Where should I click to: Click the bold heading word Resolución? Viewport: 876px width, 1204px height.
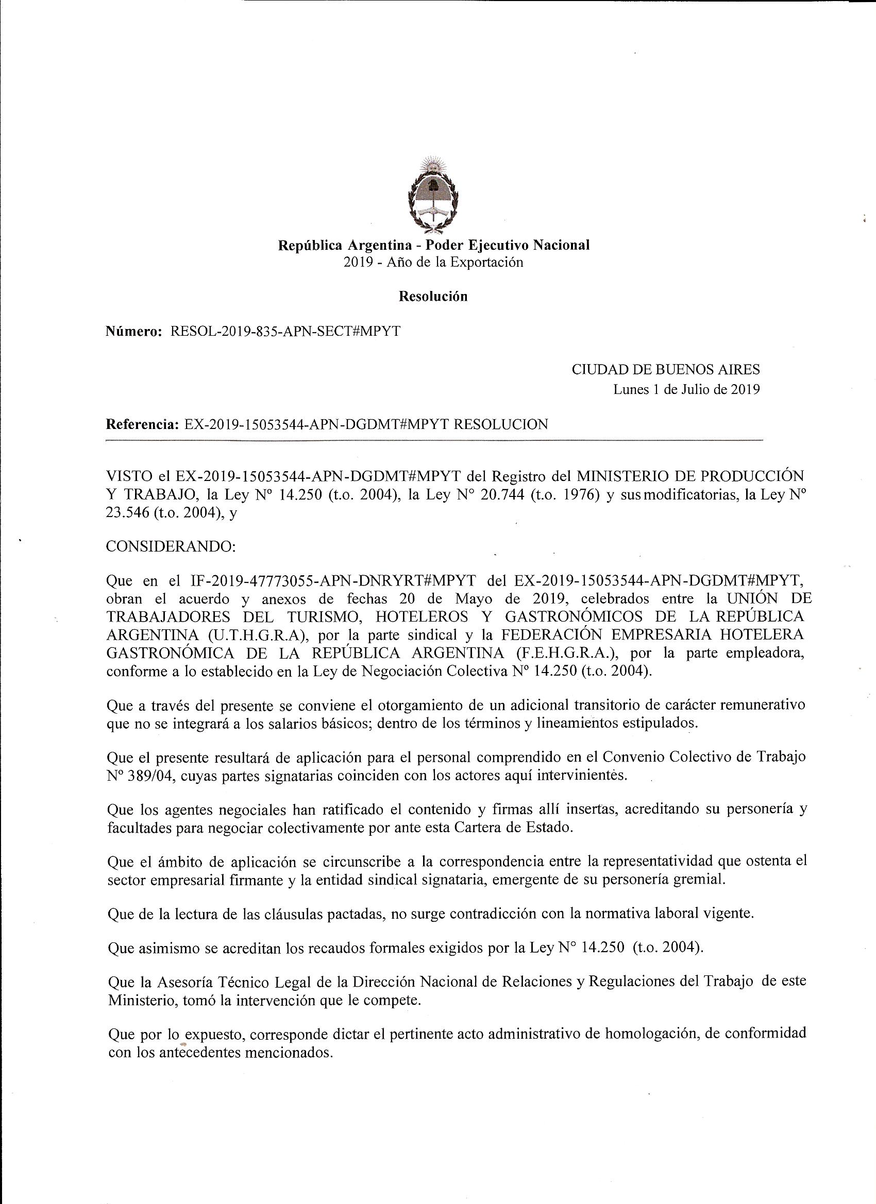[x=433, y=297]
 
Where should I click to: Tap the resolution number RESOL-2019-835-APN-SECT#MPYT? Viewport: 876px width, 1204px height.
[x=285, y=331]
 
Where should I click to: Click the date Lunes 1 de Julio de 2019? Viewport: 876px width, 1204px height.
[x=686, y=389]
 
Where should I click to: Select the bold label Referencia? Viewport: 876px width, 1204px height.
[x=142, y=424]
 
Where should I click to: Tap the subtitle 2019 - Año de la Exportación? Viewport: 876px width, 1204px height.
[x=433, y=262]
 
